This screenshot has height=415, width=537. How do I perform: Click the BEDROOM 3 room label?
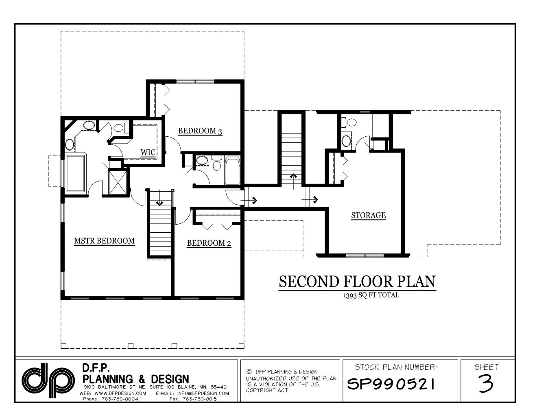pyautogui.click(x=200, y=131)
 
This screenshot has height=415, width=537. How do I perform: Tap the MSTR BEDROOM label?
pyautogui.click(x=104, y=241)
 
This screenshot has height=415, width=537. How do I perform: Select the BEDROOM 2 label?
pyautogui.click(x=209, y=243)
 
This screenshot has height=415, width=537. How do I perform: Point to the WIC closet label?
pyautogui.click(x=148, y=153)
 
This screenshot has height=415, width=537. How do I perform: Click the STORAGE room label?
pyautogui.click(x=368, y=215)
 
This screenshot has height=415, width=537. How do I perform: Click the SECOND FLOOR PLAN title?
pyautogui.click(x=357, y=282)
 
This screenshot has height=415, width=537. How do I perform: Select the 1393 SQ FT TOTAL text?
pyautogui.click(x=371, y=295)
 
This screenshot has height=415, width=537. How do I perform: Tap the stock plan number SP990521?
pyautogui.click(x=391, y=383)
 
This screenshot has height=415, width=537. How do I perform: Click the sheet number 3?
pyautogui.click(x=486, y=383)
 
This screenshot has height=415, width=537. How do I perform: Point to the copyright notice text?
pyautogui.click(x=291, y=381)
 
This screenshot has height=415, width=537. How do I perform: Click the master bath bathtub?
pyautogui.click(x=75, y=173)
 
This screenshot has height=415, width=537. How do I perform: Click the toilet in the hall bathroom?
pyautogui.click(x=217, y=165)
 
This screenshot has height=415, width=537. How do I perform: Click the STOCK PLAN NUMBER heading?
pyautogui.click(x=396, y=367)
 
